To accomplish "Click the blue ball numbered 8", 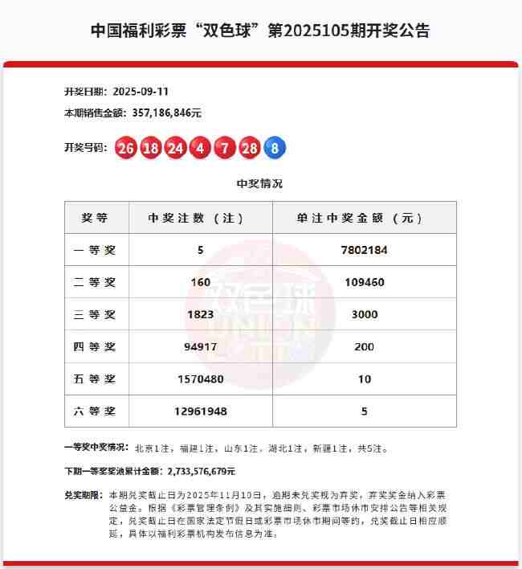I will pyautogui.click(x=275, y=148).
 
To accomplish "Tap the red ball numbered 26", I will pyautogui.click(x=125, y=148).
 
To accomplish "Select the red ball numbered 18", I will pyautogui.click(x=150, y=148).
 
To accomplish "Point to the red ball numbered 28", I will pyautogui.click(x=250, y=148).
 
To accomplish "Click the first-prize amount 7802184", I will pyautogui.click(x=365, y=250).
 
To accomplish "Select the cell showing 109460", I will pyautogui.click(x=365, y=282).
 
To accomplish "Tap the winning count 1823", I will pyautogui.click(x=200, y=314).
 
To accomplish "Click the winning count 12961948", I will pyautogui.click(x=200, y=411).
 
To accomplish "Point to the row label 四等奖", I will pyautogui.click(x=95, y=346).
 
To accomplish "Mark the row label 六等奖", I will pyautogui.click(x=95, y=411).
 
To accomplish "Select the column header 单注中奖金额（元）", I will pyautogui.click(x=365, y=218).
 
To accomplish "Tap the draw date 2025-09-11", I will pyautogui.click(x=142, y=92).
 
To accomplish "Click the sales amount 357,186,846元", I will pyautogui.click(x=161, y=113).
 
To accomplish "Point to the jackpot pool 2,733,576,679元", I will pyautogui.click(x=200, y=471).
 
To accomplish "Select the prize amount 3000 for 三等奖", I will pyautogui.click(x=365, y=314).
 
